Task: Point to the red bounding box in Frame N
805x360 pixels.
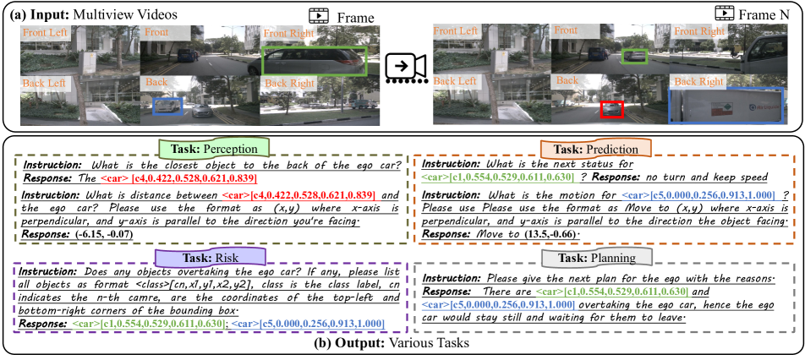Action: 611,110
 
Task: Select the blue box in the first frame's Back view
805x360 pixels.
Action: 167,106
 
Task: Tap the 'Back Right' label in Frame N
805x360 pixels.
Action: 698,81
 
